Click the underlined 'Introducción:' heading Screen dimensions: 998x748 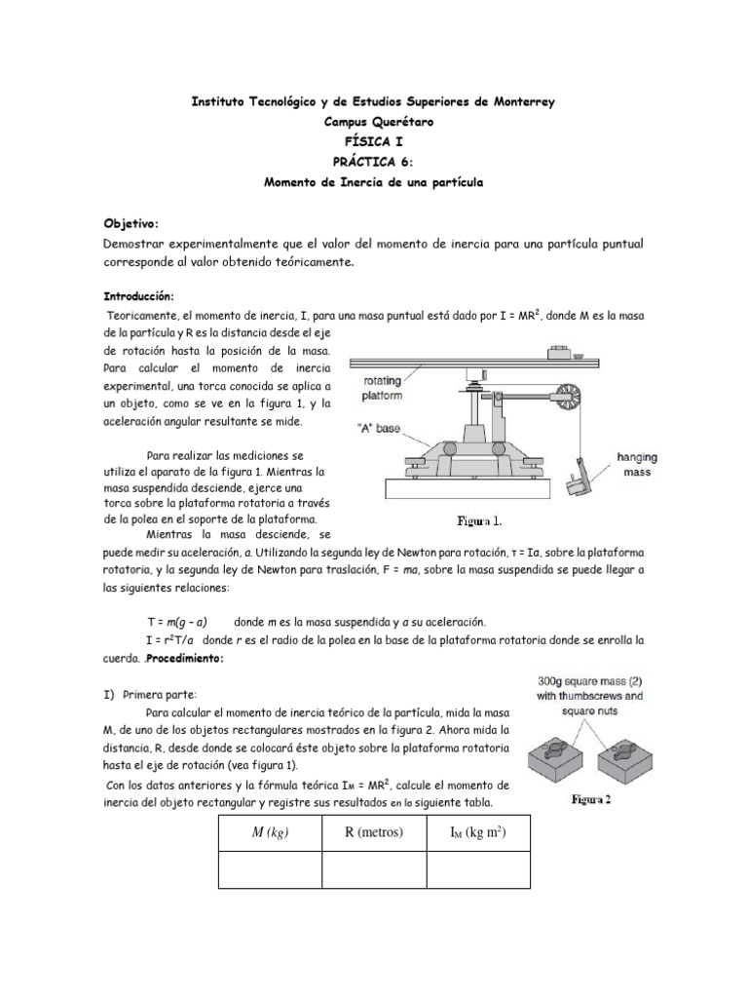139,295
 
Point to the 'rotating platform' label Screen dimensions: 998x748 389,389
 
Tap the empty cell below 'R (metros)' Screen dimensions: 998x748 374,868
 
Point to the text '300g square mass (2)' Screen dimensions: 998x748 615,682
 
